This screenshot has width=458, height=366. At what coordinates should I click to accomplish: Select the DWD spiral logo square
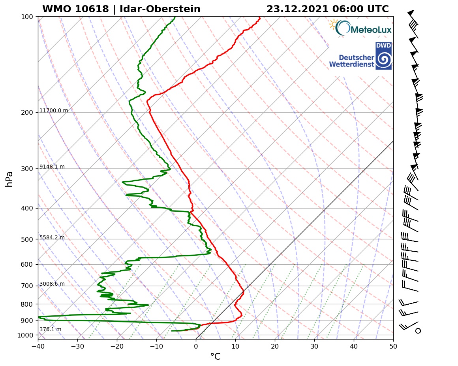(x=383, y=56)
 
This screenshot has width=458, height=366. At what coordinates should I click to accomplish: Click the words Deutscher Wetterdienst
(x=351, y=61)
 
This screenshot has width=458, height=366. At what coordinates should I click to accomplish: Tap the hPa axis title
(x=9, y=179)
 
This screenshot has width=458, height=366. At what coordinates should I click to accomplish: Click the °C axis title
(x=215, y=357)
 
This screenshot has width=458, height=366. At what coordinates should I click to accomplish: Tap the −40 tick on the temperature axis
(x=38, y=345)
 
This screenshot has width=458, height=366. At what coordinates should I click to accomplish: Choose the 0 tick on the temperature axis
(x=196, y=345)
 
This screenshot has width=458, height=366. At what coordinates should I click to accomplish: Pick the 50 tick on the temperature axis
(x=393, y=345)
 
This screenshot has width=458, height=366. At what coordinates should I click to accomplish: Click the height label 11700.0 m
(x=54, y=111)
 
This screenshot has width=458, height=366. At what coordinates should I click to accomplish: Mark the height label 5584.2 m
(x=52, y=238)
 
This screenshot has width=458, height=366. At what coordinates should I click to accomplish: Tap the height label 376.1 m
(x=50, y=330)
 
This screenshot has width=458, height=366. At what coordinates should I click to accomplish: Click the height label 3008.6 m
(x=52, y=284)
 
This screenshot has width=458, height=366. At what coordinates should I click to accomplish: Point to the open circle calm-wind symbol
(x=418, y=330)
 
